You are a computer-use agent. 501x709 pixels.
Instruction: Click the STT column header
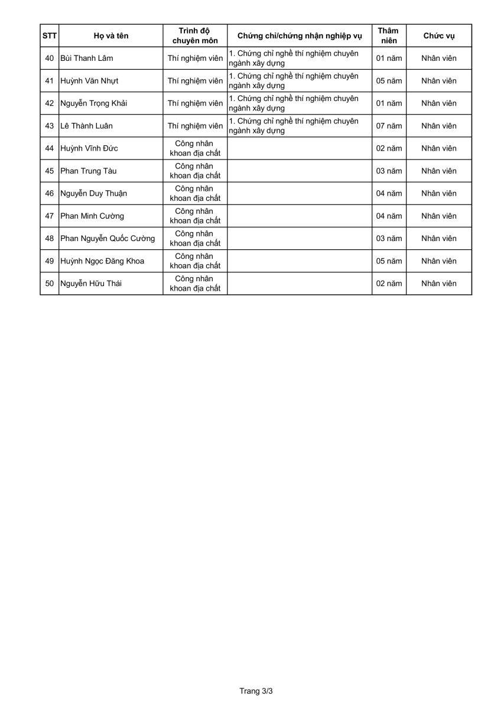coord(50,35)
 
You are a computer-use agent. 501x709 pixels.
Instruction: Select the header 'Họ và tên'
coord(110,35)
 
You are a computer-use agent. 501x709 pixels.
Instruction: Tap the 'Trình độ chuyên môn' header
coord(195,35)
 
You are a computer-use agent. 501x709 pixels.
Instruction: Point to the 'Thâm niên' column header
coord(389,35)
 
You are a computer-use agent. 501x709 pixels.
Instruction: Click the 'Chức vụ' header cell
coord(438,35)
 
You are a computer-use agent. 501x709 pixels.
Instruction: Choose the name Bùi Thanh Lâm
coord(87,58)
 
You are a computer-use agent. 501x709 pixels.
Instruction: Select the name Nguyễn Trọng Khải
coord(94,103)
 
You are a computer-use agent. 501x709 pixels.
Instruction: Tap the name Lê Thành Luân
coord(86,126)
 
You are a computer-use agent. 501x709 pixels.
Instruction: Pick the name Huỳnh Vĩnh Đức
coord(89,148)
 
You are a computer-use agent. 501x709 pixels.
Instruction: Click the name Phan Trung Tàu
coord(89,171)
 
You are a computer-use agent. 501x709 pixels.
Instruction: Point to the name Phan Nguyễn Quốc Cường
coord(108,239)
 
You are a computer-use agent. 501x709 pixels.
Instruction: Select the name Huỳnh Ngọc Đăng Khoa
coord(102,261)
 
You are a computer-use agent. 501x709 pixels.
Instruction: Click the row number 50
coord(50,284)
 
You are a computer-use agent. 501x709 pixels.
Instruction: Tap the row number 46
coord(50,193)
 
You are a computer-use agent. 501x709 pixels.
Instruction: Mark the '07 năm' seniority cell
coord(389,126)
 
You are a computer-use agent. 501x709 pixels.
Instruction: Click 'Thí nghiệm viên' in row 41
coord(195,81)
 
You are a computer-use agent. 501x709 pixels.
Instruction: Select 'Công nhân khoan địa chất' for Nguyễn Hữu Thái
coord(195,284)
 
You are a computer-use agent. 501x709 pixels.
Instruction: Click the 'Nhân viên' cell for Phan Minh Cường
coord(438,216)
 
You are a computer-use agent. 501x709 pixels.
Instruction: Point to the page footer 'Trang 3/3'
coord(256,690)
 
